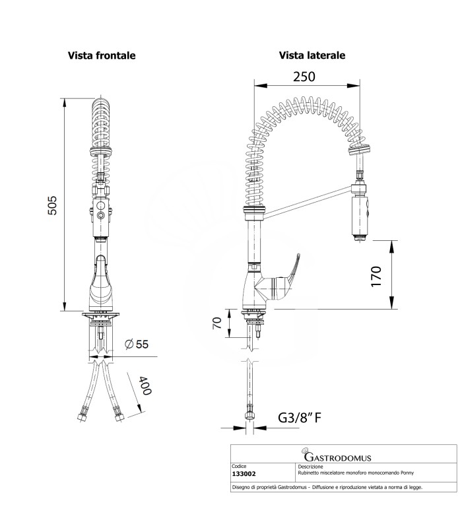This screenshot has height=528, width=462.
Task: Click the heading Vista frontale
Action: [102, 56]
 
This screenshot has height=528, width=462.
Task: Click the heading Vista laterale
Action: [312, 56]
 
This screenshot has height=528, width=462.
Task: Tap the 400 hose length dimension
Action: [143, 386]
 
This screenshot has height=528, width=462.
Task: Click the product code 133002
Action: [246, 474]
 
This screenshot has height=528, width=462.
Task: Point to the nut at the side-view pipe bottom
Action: [249, 416]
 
